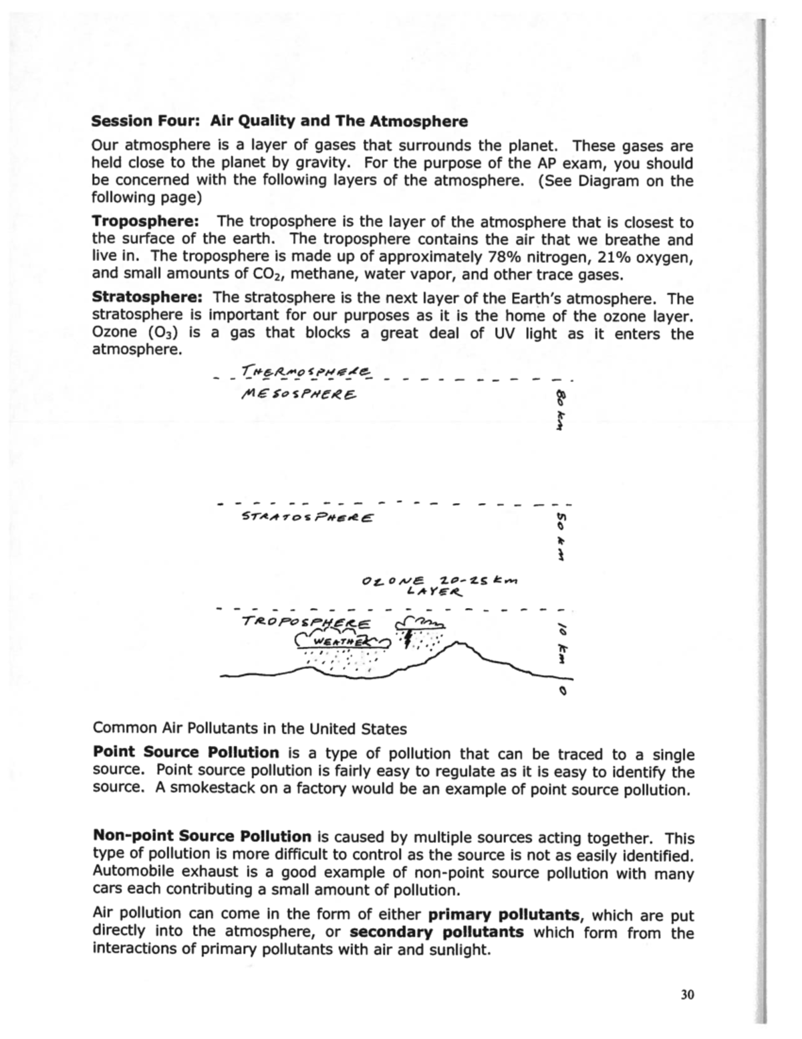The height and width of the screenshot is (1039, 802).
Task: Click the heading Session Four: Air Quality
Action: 279,121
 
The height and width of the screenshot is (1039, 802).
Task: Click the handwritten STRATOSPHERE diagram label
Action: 307,517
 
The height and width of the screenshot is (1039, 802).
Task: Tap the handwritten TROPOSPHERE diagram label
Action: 305,622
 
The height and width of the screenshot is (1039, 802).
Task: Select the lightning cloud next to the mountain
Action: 422,628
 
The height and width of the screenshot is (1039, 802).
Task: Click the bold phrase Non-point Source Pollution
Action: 201,836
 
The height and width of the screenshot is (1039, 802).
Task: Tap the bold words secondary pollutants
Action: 436,932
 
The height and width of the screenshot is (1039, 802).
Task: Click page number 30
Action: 687,995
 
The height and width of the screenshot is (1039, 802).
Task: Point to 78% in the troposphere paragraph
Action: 500,257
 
